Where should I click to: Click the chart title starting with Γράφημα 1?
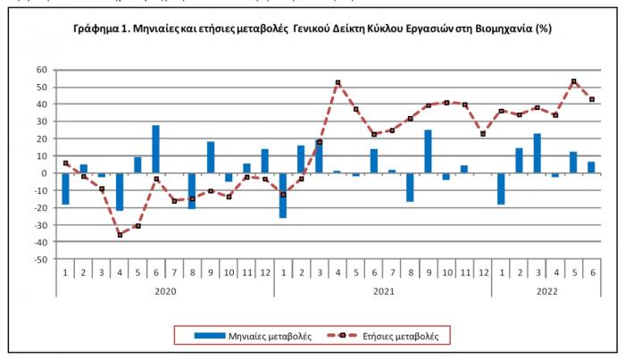(312, 29)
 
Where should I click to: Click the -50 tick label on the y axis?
(40, 259)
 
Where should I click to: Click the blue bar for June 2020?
(155, 149)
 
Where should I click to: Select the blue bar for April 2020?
(120, 191)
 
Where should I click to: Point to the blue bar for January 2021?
(283, 195)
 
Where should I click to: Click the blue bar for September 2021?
(429, 152)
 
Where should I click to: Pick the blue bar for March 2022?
(537, 154)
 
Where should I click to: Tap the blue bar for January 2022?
(501, 188)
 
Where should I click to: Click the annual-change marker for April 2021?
(337, 83)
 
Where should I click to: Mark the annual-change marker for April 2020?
(120, 234)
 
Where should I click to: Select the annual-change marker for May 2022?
(573, 81)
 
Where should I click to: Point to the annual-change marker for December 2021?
(483, 134)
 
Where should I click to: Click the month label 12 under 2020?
(264, 271)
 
